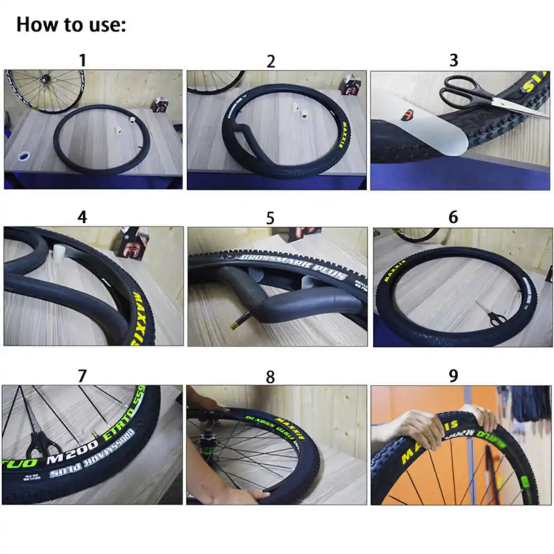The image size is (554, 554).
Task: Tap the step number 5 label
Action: point(270,218)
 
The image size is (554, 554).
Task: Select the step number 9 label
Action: point(453,376)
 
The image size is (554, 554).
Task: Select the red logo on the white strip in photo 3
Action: point(408,116)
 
